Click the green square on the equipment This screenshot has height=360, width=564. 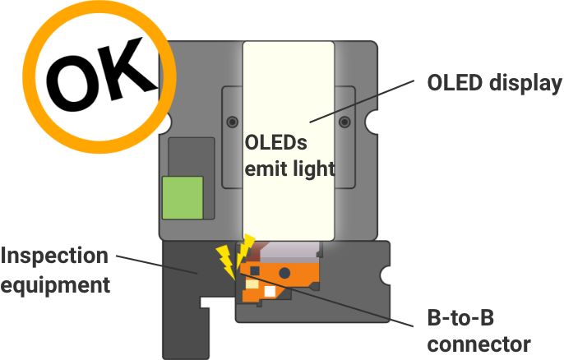point(183,197)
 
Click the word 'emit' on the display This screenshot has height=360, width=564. point(263,168)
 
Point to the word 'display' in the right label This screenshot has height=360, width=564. point(527,84)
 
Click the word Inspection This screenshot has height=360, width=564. point(54,256)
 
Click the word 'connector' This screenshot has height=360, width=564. point(479,344)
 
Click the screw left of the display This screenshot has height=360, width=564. point(232,122)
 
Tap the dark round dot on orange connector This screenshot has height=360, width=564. point(284,272)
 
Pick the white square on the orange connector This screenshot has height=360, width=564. point(269,292)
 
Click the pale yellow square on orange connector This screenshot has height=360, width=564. point(252,284)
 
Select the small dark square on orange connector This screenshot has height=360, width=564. point(254,270)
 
